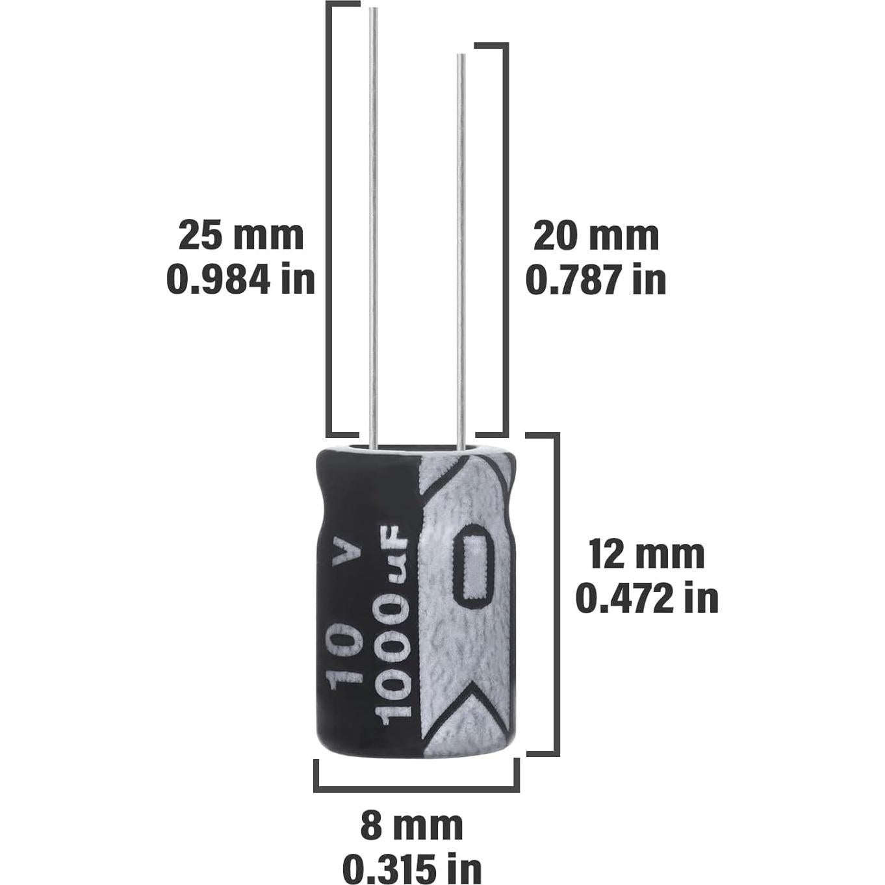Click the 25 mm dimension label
pyautogui.click(x=241, y=235)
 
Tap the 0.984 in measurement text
pyautogui.click(x=241, y=280)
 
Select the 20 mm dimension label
pyautogui.click(x=596, y=235)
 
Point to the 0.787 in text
pyautogui.click(x=596, y=280)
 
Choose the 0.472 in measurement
pyautogui.click(x=647, y=598)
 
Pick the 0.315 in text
pyautogui.click(x=412, y=867)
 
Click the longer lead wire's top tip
pyautogui.click(x=373, y=10)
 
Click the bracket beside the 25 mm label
pyautogui.click(x=329, y=218)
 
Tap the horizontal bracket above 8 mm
pyautogui.click(x=417, y=789)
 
